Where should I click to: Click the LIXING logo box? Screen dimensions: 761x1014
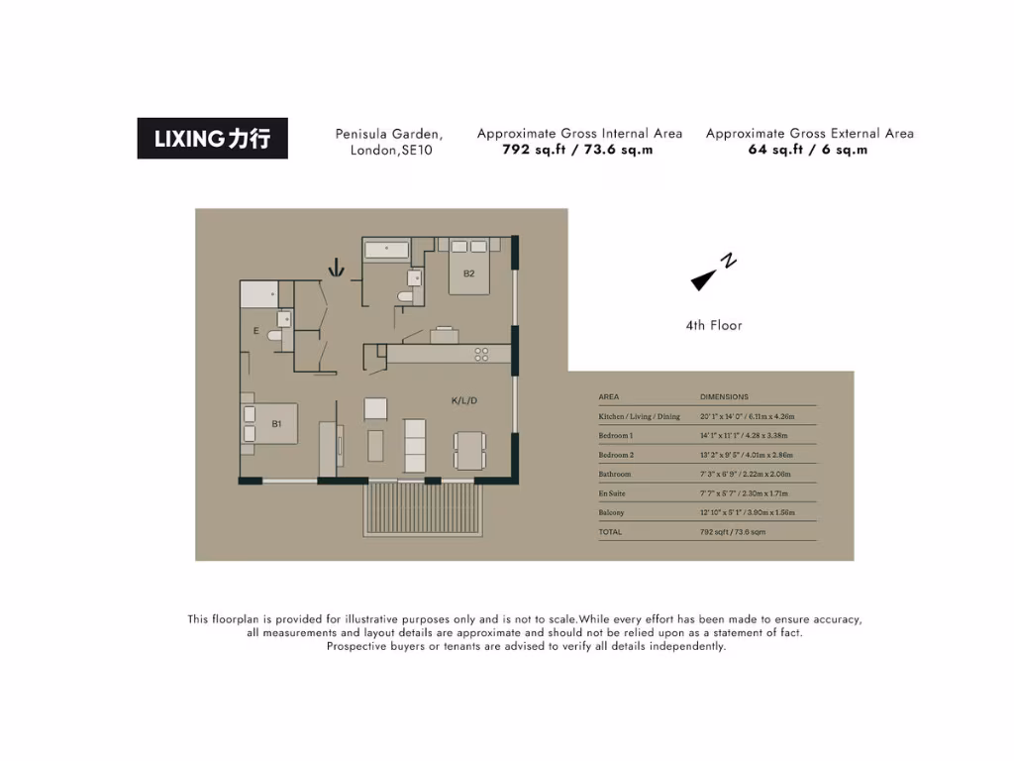212,139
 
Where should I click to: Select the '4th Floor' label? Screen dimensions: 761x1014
713,325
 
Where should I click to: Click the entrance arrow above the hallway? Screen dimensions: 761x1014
338,267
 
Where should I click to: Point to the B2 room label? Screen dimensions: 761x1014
468,273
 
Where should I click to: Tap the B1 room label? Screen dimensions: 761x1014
278,424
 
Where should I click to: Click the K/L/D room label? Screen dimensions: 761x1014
464,401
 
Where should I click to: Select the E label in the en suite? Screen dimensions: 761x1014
255,331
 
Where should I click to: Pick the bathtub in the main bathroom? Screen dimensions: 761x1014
386,250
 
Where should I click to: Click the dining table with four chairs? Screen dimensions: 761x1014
469,451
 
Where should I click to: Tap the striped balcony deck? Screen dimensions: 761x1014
424,509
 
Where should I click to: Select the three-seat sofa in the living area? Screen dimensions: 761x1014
415,446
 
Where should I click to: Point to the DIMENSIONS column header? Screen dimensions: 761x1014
724,396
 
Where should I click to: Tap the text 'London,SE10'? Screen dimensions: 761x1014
391,151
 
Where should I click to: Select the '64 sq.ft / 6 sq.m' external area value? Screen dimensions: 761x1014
808,151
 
